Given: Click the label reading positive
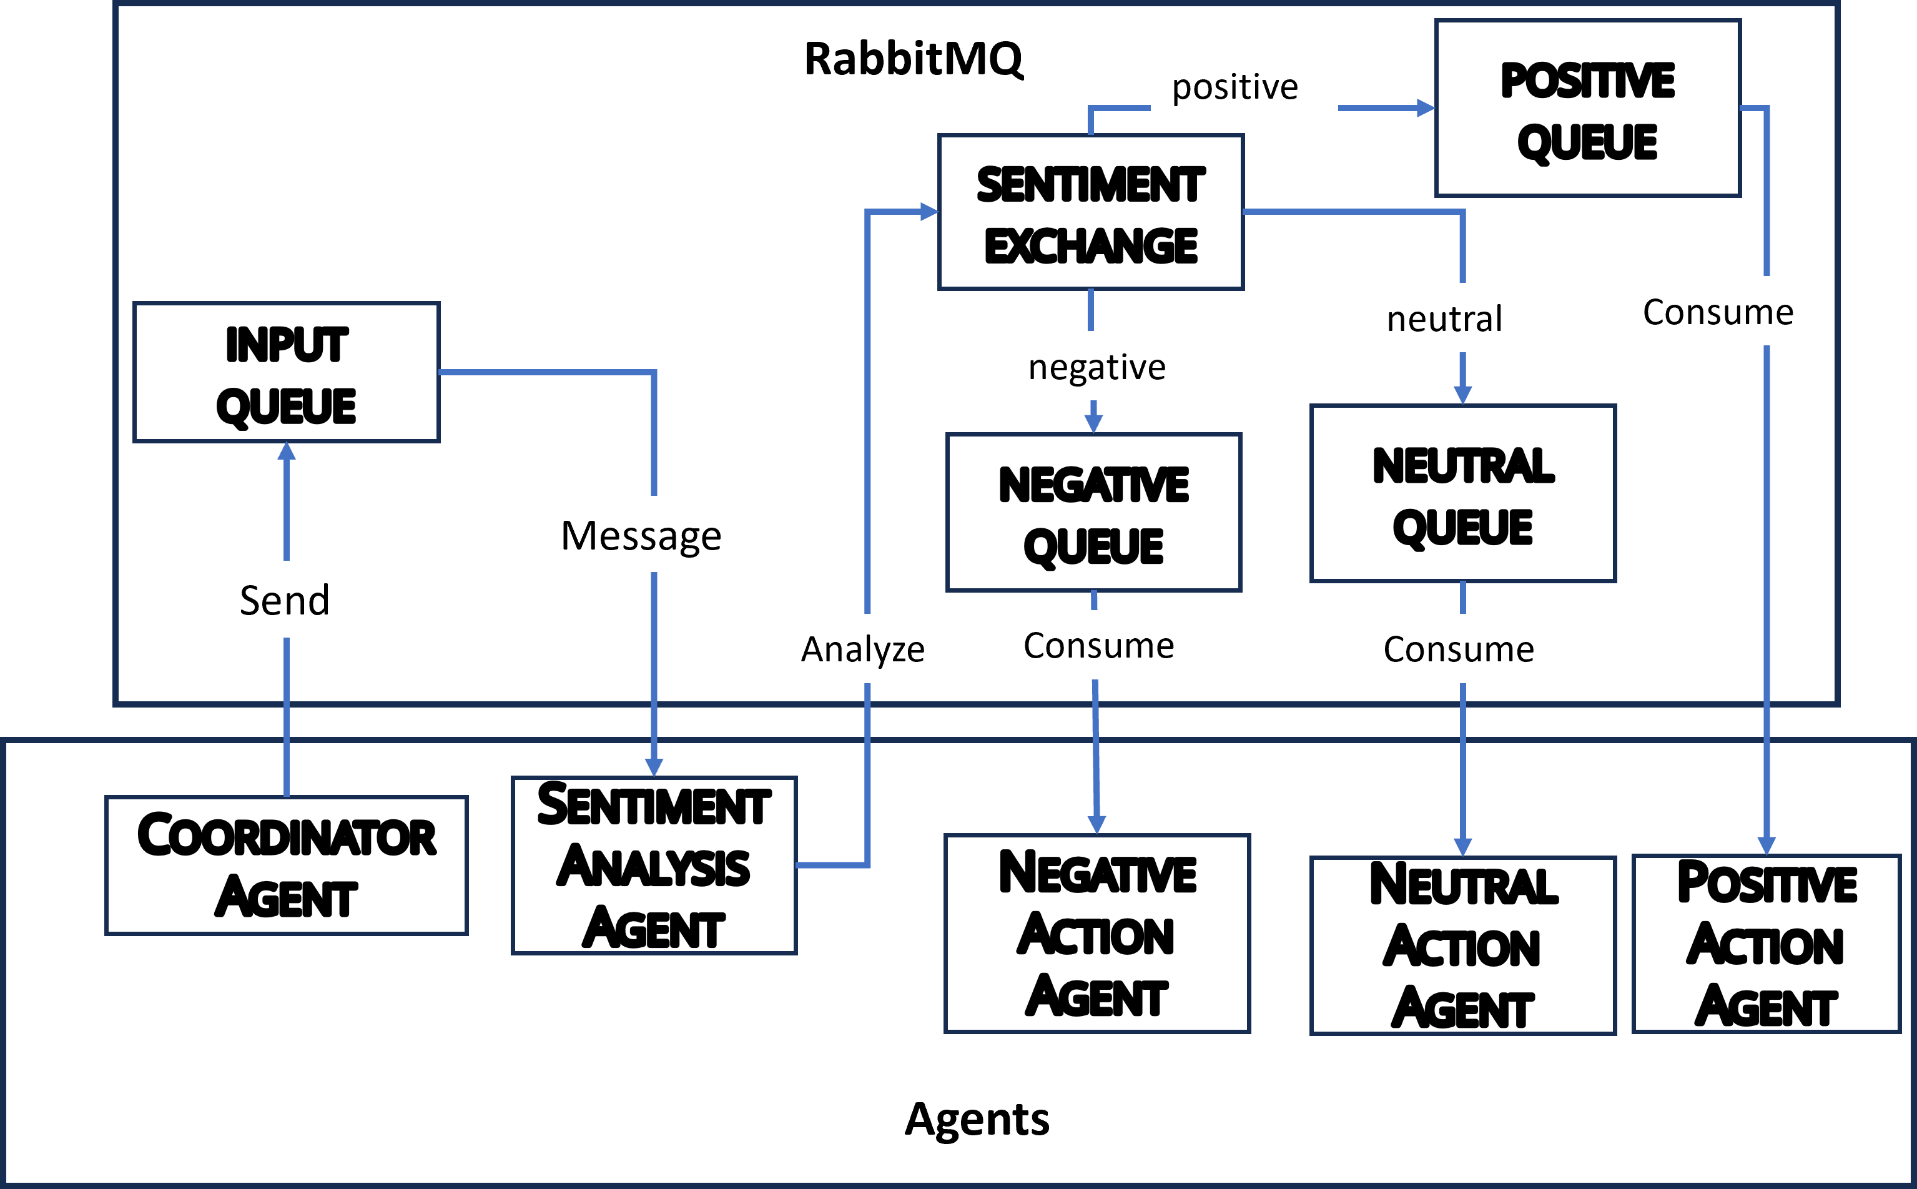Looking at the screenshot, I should point(1243,86).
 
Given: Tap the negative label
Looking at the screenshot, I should point(1116,366).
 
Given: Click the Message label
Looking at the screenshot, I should point(646,534).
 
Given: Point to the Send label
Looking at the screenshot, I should point(292,599).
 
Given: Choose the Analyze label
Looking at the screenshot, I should point(867,649).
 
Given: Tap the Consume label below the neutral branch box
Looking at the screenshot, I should point(1471,649).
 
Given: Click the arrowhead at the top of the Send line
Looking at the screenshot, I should point(286,451).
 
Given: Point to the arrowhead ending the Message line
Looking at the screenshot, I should point(653,767).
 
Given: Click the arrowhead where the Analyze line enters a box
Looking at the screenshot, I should point(929,212).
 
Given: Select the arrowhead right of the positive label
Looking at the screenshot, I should point(1425,108).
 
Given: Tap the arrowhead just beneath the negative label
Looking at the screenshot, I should point(1093,423).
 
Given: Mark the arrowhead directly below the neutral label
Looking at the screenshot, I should point(1462,395).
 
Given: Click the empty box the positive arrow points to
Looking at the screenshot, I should point(1587,109).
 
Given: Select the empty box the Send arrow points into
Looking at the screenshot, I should point(286,372).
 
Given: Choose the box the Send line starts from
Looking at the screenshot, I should point(286,865).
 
